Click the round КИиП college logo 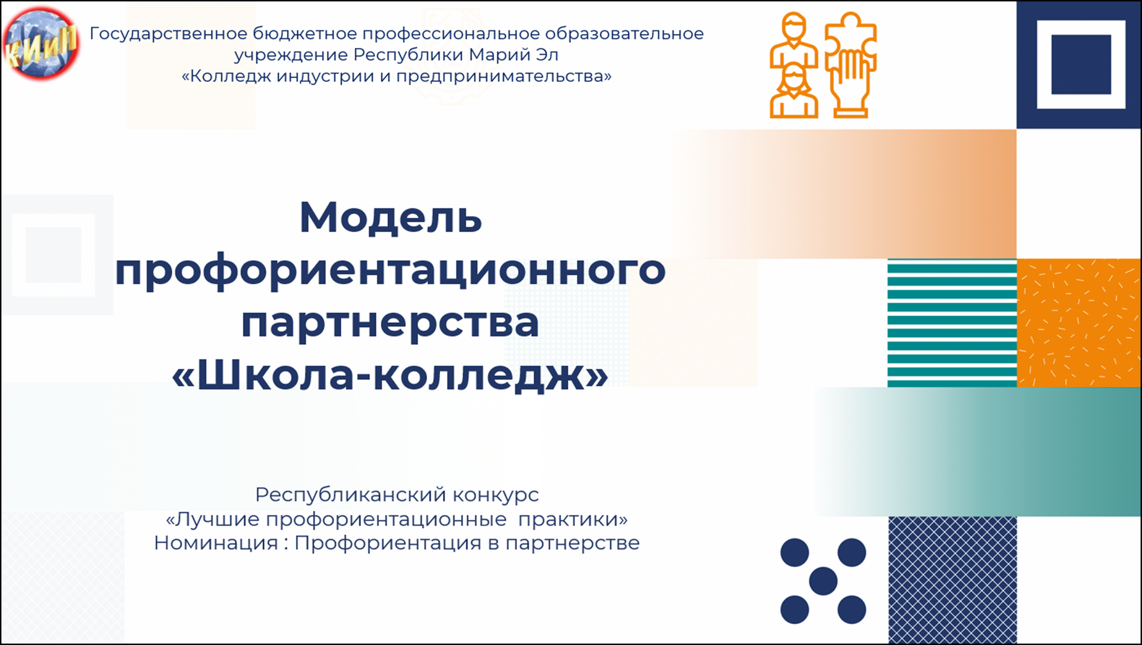coord(41,44)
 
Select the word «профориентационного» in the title coord(391,272)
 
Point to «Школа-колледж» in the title coord(390,375)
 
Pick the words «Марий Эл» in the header coord(513,55)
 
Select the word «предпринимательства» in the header coord(500,77)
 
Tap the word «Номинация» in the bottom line coord(216,543)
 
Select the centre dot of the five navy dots coord(823,581)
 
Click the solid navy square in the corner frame coord(1081,65)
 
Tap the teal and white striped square coord(952,323)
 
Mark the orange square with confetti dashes coord(1079,323)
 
